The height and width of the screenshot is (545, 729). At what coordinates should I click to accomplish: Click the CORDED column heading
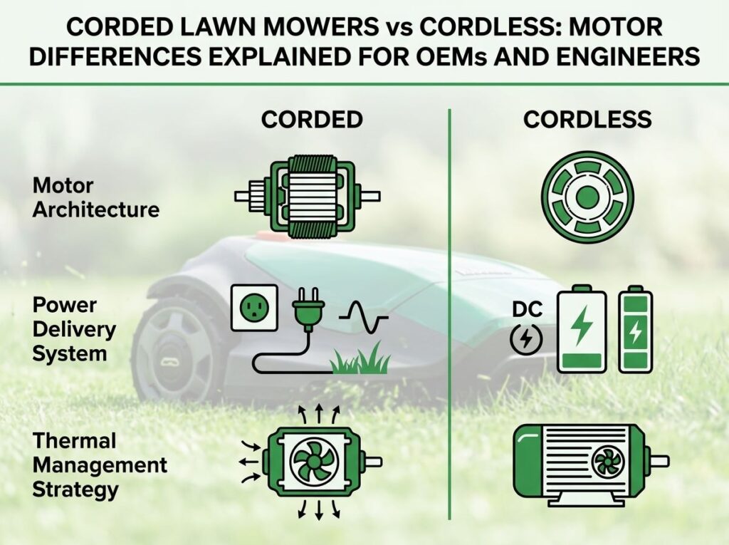tap(312, 120)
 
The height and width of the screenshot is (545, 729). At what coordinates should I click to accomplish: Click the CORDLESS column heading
tap(587, 120)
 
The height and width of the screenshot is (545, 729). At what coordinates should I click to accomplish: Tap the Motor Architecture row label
tap(96, 198)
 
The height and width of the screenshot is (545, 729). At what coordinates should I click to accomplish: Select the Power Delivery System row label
tap(74, 330)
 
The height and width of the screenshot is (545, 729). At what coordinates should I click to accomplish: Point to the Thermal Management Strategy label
tap(100, 465)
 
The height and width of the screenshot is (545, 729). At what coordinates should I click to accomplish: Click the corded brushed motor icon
tap(308, 196)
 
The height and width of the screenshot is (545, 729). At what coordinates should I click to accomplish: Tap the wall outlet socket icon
tap(255, 308)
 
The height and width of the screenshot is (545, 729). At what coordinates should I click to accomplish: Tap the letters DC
tap(528, 309)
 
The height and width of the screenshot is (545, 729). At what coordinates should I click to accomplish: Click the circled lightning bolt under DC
tap(526, 338)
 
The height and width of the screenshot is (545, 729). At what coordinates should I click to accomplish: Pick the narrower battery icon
tap(635, 330)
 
